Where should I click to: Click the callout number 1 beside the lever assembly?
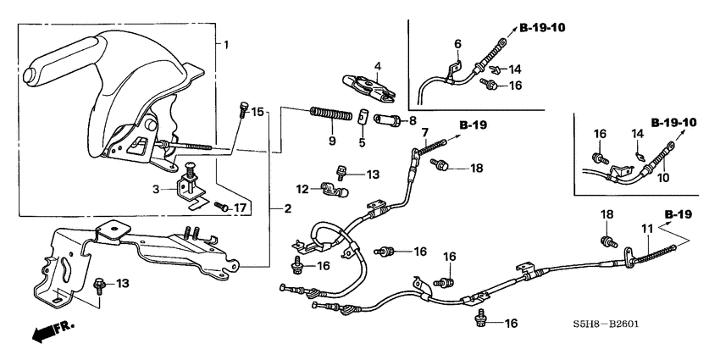225,42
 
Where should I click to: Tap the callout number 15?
258,111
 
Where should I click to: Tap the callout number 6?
457,43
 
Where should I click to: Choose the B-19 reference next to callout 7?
474,125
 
